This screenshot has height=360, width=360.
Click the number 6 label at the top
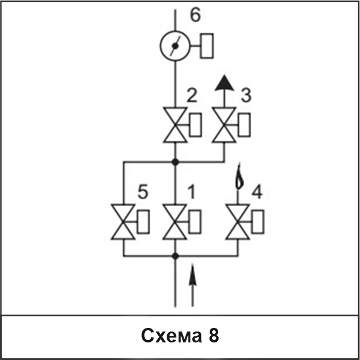coord(195,15)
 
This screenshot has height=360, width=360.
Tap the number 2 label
coord(192,95)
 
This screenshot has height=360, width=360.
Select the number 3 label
coord(246,95)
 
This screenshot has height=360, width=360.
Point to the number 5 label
coord(143,192)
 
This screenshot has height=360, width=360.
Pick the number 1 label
coord(192,192)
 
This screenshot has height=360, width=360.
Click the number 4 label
coord(257,192)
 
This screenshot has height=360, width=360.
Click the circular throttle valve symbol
coord(175,46)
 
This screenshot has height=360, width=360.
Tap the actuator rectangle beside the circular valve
coord(207,46)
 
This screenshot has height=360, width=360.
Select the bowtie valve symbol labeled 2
coord(175,125)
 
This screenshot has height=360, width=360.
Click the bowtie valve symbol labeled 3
coord(224,125)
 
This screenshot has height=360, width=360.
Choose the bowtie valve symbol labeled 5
coord(123,222)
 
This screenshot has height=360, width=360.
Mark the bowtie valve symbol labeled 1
coord(175,222)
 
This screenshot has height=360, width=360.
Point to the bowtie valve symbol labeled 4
coord(238,222)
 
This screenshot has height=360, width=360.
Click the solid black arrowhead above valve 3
coord(224,83)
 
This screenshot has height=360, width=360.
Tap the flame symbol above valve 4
coord(239,176)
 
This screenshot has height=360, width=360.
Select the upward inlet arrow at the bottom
coord(192,285)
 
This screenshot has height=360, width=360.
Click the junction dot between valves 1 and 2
coord(175,162)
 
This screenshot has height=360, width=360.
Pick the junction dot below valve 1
coord(175,256)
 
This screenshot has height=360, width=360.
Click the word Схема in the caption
coord(172,336)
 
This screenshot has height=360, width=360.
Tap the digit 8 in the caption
coord(214,335)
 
